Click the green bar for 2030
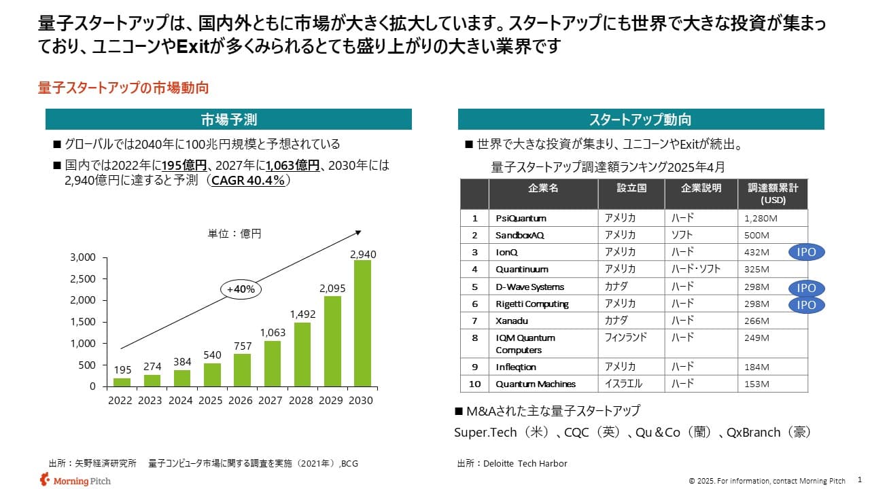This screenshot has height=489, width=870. pos(362,323)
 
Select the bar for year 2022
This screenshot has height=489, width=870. pos(122,382)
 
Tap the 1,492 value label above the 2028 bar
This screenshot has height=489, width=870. pos(303,314)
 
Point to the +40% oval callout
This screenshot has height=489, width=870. pos(241,289)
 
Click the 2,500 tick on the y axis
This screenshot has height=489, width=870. pos(83,279)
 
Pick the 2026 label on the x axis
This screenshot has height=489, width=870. pos(241,401)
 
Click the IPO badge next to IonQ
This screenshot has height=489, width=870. pos(806,252)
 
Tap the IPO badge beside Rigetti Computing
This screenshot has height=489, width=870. pos(806,305)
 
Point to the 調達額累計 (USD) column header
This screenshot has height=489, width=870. pos(773,194)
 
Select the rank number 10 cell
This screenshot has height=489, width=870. pos(474,384)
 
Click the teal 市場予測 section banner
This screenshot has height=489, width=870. pos(228,119)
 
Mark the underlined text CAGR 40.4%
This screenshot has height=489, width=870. pos(248,181)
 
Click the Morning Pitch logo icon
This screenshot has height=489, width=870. pos(45,479)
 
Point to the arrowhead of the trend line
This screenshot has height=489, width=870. pos(358,232)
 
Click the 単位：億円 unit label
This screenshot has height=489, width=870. pos(234,234)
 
